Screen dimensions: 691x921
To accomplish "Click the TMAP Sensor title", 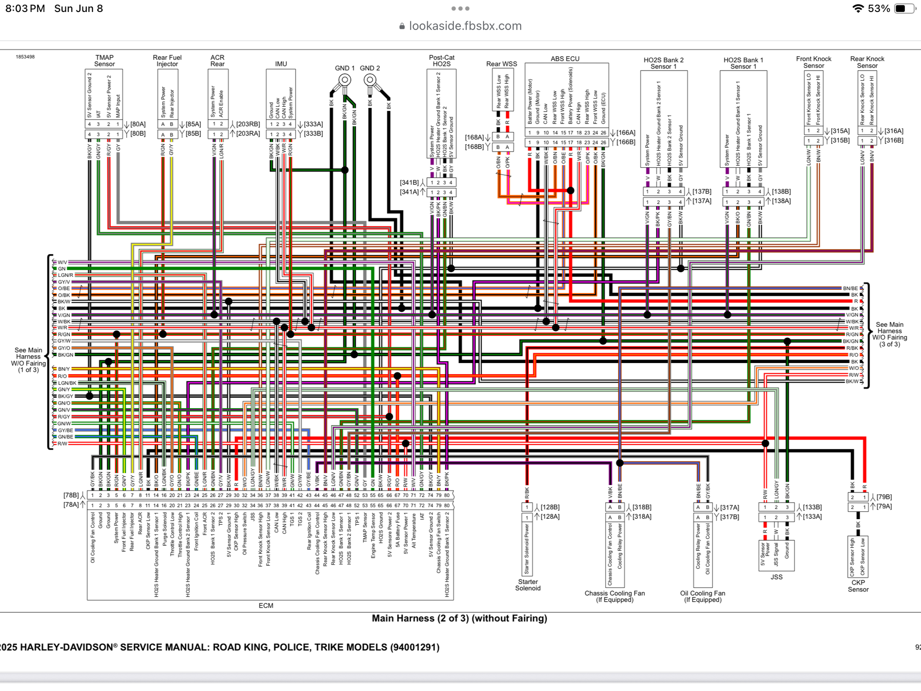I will coord(105,61).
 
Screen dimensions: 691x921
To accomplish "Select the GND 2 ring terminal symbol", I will coord(370,80).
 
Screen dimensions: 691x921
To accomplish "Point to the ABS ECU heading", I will coord(565,59).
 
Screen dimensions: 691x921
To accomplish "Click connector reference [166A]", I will coord(626,133).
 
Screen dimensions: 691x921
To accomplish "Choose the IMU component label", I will coord(281,64).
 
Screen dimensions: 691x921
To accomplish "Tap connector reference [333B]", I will coord(314,134).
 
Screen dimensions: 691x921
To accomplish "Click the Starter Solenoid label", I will coord(528,585).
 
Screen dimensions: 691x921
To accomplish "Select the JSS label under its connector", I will coord(776,577).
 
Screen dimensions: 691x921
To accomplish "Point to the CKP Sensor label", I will coord(858,586).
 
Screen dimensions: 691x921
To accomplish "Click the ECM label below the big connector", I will coord(266,605).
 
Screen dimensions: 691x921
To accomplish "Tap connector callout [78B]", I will coord(71,495).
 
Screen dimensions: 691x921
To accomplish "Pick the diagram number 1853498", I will coord(25,57).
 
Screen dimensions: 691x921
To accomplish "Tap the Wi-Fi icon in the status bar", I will coord(858,9).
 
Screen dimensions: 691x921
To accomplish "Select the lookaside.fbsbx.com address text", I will coord(465,26).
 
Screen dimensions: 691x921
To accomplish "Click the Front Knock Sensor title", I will coord(814,62).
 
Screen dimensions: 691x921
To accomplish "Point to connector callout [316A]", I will coord(894,131).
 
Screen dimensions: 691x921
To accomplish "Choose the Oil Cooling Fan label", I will coord(703,597).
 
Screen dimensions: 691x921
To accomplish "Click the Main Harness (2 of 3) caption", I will coord(460,618).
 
